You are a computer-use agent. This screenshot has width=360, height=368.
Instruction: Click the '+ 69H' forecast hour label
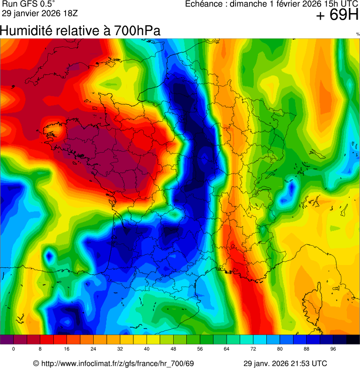337,15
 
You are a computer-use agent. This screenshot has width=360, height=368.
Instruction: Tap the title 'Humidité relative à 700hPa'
80,31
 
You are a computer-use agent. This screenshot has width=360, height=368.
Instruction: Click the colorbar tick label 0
14,349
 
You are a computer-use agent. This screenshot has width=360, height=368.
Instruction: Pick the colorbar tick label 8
40,349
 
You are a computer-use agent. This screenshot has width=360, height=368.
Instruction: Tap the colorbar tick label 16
67,349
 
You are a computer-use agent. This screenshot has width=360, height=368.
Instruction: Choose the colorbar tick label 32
120,349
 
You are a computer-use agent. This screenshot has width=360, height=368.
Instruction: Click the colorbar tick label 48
174,349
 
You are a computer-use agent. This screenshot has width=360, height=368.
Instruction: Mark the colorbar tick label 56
200,349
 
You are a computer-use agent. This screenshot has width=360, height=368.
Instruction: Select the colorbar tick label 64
227,349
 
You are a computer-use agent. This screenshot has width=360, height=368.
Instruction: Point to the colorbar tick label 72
253,349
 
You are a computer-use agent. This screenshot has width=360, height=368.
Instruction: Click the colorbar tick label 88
307,349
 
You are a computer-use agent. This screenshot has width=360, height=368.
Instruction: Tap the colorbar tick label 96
333,349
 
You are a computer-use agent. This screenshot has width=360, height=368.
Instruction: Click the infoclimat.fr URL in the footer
114,363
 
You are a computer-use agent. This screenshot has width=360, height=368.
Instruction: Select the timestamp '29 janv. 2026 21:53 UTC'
285,363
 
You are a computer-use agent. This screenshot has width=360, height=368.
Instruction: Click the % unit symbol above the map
358,34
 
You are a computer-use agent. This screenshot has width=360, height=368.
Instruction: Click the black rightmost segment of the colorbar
353,339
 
